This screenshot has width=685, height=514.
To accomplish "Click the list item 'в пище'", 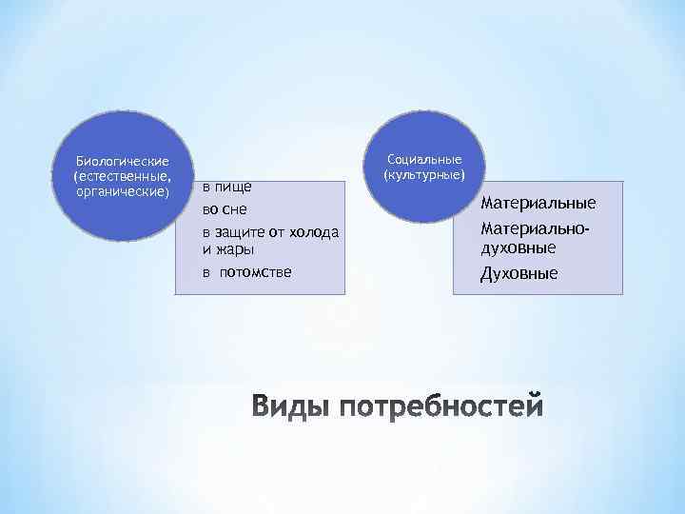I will click(226, 186).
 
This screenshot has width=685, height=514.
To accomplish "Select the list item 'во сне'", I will click(225, 208).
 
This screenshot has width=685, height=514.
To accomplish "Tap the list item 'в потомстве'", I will click(247, 273).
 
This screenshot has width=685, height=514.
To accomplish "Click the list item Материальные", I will click(538, 203).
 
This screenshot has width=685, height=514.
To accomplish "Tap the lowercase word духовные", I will click(519, 248).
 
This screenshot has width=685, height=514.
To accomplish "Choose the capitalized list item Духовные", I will click(519, 274).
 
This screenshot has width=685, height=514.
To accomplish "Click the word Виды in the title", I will click(291, 407).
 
